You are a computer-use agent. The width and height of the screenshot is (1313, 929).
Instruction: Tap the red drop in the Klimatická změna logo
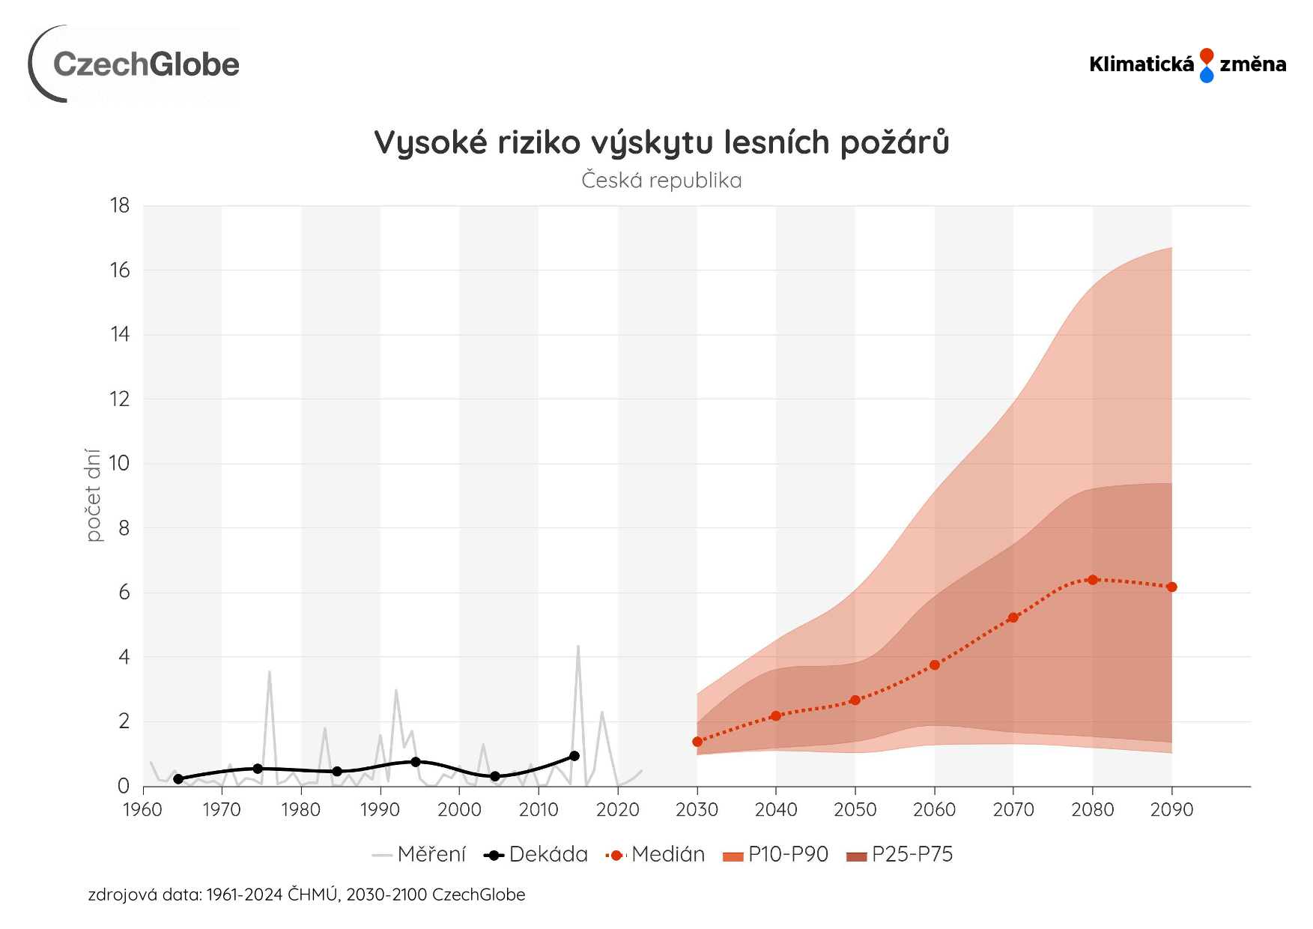tap(1206, 56)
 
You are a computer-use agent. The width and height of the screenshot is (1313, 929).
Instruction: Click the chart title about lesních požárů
tap(661, 142)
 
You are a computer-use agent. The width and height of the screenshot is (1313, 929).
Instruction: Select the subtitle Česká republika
tap(661, 181)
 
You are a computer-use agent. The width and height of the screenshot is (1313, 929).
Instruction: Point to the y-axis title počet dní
tap(93, 495)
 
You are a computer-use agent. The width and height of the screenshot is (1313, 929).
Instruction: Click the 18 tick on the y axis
tap(120, 205)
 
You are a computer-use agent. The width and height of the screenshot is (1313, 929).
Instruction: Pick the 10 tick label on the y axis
tap(120, 463)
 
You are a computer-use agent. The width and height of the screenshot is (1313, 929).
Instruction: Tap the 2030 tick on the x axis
tap(697, 809)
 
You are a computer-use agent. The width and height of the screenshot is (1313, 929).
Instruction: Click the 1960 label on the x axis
tap(142, 809)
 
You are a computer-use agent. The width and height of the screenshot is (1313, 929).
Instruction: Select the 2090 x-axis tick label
tap(1171, 809)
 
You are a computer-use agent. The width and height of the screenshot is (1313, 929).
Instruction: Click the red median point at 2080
tap(1093, 579)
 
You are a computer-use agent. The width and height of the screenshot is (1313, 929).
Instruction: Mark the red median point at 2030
tap(697, 742)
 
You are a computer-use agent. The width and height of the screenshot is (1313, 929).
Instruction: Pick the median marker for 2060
tap(935, 665)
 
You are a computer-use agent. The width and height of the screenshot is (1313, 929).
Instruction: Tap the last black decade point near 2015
tap(574, 756)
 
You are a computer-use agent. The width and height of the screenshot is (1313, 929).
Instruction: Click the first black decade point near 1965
tap(178, 779)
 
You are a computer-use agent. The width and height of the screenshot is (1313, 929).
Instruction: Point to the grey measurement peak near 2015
tap(577, 647)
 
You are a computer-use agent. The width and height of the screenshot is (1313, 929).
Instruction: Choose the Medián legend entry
tap(655, 854)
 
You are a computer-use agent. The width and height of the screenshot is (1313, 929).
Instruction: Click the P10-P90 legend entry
tap(776, 854)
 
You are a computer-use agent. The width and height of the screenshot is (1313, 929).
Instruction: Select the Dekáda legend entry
tap(536, 854)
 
